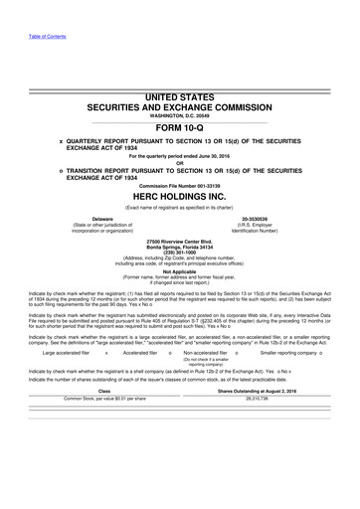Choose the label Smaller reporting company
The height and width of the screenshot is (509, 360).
(x=298, y=350)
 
